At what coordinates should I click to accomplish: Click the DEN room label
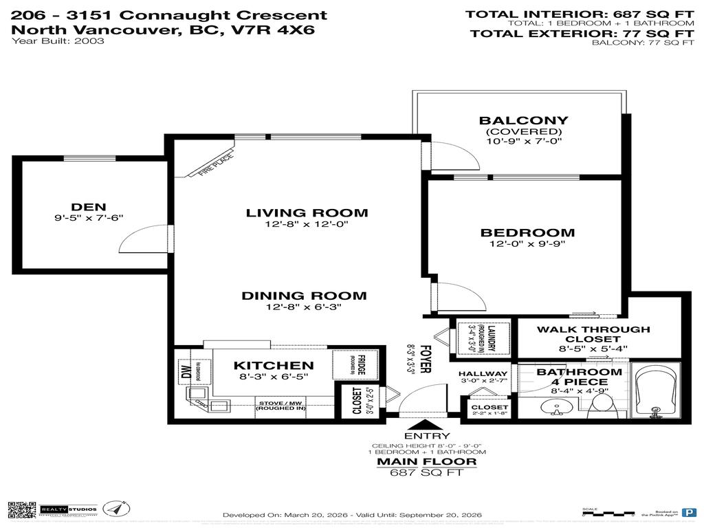click(x=89, y=206)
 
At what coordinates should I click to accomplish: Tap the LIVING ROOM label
click(x=307, y=213)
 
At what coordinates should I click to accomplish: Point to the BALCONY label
click(x=524, y=120)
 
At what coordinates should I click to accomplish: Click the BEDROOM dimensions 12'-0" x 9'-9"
click(x=527, y=243)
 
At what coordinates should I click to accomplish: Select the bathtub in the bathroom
click(x=655, y=394)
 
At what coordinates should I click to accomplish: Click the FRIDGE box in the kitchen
click(x=349, y=365)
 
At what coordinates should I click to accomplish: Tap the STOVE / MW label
click(x=280, y=405)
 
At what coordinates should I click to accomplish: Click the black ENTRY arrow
click(x=417, y=426)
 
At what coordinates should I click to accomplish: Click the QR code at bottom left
click(x=22, y=509)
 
